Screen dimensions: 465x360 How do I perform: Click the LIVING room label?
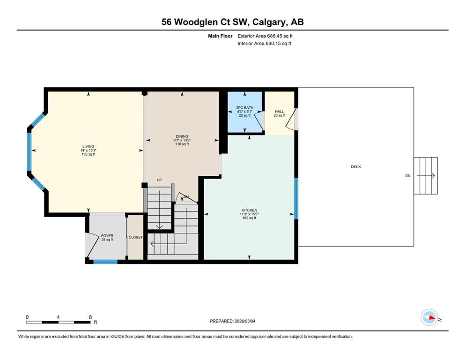89,146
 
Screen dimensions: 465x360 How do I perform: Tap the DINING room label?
182,136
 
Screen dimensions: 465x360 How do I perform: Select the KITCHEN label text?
249,210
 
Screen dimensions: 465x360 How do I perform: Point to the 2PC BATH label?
244,108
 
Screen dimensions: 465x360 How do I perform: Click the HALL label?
280,112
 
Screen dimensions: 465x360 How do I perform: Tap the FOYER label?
107,236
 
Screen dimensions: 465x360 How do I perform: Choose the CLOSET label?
135,238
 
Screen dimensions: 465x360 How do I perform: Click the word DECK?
356,167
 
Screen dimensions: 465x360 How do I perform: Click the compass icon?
429,317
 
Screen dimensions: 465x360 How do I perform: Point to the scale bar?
58,322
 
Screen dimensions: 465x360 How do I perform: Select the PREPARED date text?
232,321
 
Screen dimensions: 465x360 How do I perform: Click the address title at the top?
232,22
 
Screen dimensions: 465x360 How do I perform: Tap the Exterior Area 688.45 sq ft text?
265,36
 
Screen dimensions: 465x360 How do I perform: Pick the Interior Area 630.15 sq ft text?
264,43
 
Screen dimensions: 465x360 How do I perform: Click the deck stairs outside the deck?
426,176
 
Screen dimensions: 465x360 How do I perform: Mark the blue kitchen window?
296,198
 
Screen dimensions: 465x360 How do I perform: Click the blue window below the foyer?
105,262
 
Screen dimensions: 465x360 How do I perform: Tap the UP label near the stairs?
159,180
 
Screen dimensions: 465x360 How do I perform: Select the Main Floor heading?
220,36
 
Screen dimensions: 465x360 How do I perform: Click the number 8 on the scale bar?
90,317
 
